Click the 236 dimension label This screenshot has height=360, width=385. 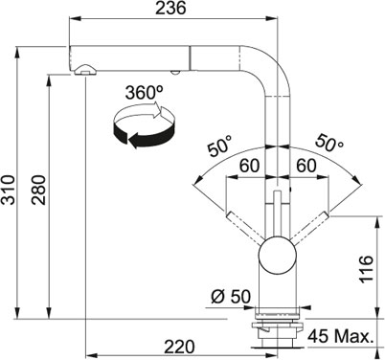point(170,8)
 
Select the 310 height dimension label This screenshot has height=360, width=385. point(8,190)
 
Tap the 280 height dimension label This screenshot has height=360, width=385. point(39,190)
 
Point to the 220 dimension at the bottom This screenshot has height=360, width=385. point(179,347)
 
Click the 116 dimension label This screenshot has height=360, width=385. point(366,269)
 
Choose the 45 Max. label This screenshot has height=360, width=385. point(340,336)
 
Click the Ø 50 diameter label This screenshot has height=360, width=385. point(231,297)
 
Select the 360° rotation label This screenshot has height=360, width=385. point(144,93)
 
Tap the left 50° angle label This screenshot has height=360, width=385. point(219,146)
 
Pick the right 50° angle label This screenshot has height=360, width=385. point(329,143)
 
